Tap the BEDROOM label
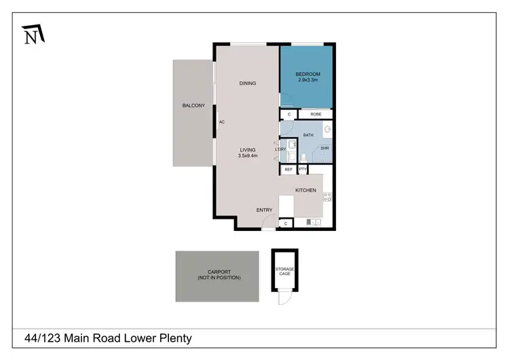click(x=307, y=73)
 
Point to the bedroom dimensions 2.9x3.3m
click(x=307, y=80)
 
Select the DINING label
click(x=247, y=84)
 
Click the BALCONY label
click(x=193, y=105)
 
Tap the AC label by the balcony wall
click(x=221, y=123)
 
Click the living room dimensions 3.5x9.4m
click(x=247, y=156)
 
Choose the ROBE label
click(x=316, y=115)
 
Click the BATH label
click(x=308, y=135)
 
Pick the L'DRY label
click(x=280, y=149)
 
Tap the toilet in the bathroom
click(x=305, y=158)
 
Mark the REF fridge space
click(x=288, y=170)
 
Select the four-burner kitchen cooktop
click(x=326, y=198)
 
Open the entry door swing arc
click(x=269, y=222)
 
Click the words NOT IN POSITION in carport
click(x=219, y=278)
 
